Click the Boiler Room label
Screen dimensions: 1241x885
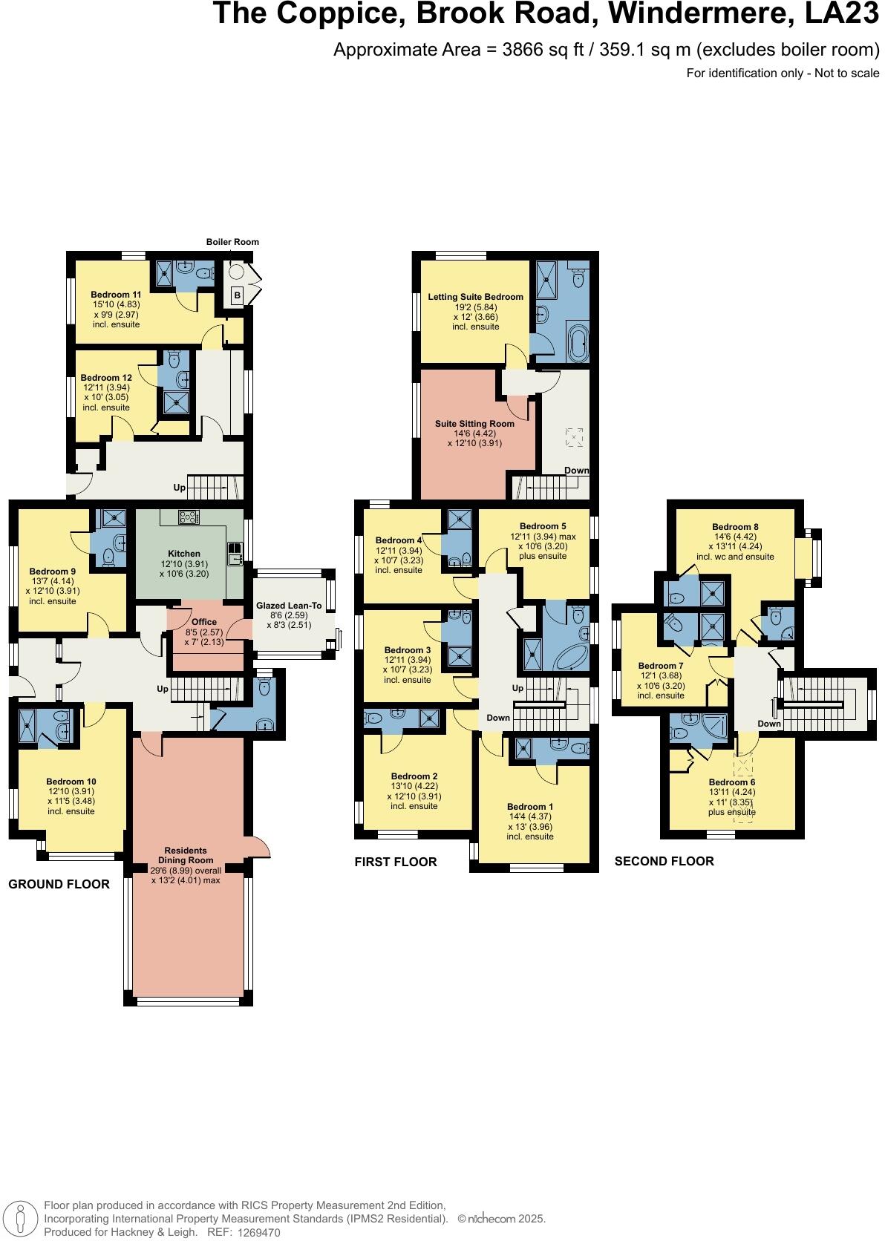coord(232,242)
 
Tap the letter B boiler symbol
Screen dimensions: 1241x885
coord(236,295)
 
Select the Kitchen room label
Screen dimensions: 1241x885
coord(184,554)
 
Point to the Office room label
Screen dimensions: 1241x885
coord(204,622)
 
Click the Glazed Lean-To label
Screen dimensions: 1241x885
coord(290,606)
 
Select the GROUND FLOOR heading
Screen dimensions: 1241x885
coord(59,884)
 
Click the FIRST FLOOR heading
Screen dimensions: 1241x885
coord(396,862)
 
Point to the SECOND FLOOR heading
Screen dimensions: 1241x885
coord(664,861)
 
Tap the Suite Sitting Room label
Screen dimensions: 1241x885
coord(475,424)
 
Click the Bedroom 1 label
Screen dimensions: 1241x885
coord(530,807)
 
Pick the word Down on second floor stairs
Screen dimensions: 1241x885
coord(769,724)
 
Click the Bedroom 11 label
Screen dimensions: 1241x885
coord(116,295)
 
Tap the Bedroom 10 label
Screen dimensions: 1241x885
coord(71,782)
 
